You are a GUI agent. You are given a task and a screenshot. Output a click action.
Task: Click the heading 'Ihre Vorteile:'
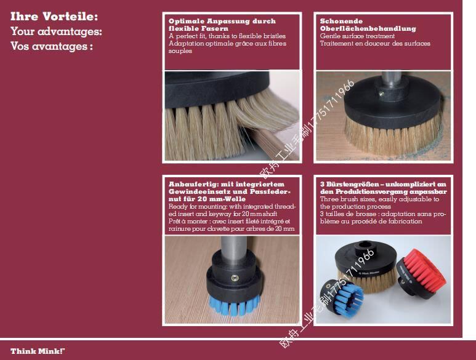54,17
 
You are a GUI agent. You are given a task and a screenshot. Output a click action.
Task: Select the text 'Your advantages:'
56,31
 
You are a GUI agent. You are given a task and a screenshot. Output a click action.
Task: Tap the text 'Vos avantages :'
52,46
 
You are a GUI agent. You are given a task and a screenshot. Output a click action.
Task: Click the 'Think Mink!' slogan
38,351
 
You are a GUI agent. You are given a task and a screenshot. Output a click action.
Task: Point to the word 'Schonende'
341,21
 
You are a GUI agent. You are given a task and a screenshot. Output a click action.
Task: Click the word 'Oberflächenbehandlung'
368,28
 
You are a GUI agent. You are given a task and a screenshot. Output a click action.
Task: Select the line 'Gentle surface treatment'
357,36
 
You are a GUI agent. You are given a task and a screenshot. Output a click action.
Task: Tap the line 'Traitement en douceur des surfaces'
375,43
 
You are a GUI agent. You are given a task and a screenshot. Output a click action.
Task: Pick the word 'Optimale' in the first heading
187,21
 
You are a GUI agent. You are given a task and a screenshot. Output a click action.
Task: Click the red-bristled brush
421,274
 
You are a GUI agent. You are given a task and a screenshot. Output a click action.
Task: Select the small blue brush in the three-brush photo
342,298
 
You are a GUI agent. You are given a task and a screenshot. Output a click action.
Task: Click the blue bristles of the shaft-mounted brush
235,305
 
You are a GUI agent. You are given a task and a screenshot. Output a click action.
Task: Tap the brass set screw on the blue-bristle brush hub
235,278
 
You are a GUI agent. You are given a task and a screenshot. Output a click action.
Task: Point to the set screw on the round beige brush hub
382,94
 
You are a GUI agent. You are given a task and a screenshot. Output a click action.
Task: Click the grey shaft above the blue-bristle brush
233,249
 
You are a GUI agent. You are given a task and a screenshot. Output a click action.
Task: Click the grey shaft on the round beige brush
393,79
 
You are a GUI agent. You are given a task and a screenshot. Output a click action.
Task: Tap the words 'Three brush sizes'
345,199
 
